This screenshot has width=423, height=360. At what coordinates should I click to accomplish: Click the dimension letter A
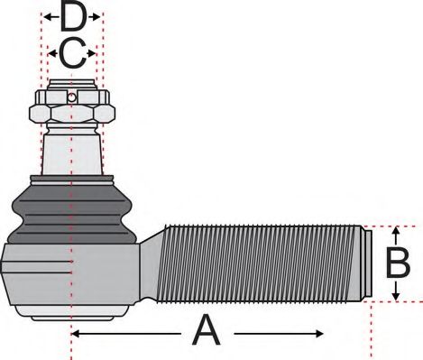click(x=207, y=331)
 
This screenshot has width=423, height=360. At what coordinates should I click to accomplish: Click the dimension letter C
click(x=72, y=54)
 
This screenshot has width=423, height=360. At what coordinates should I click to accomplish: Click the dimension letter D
click(x=72, y=17)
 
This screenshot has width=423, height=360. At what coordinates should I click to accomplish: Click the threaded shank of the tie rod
click(x=262, y=263)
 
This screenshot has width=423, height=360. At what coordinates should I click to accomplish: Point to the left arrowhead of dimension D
click(x=45, y=17)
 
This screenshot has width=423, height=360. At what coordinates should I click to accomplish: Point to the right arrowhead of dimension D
click(x=99, y=17)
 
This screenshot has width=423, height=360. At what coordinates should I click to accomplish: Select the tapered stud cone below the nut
click(x=72, y=149)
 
